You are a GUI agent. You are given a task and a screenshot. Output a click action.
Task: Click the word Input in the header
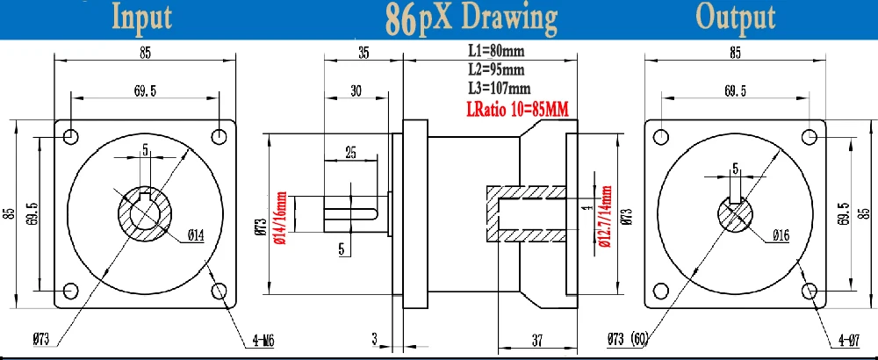pos(142,18)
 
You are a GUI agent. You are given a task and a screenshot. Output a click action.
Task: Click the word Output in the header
pos(735,18)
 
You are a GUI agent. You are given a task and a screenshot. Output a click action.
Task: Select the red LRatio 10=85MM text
pos(517,109)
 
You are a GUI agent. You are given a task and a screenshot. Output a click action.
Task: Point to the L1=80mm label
pos(496,51)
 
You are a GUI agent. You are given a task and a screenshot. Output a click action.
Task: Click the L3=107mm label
pos(500,88)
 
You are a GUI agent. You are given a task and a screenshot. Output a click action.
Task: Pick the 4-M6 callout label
pos(261,340)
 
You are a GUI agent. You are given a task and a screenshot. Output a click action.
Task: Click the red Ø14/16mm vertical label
pos(281,219)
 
